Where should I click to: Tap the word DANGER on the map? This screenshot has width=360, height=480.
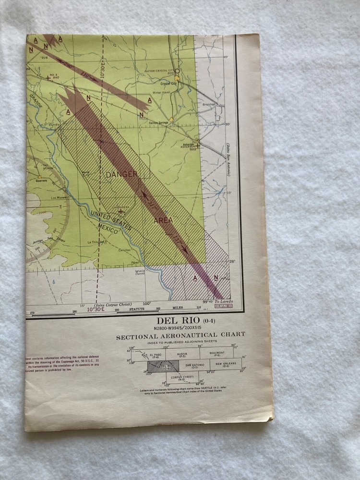122,174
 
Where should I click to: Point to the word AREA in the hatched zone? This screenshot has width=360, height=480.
163,220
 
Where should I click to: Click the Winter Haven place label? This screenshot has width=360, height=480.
162,92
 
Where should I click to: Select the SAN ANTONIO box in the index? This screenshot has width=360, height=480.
194,366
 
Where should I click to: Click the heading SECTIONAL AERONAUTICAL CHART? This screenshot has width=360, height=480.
180,335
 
